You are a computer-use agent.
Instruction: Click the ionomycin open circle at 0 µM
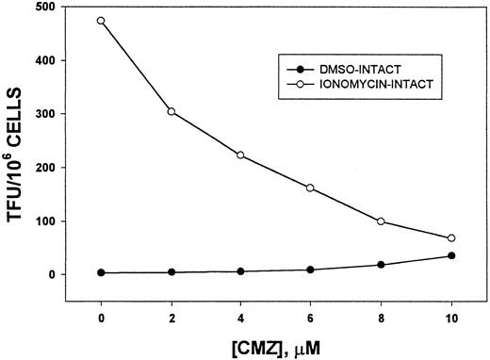tap(101, 20)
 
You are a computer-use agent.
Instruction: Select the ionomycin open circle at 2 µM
tap(171, 111)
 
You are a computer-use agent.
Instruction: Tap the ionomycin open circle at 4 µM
tap(241, 155)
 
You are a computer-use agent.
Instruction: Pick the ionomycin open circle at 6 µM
tap(311, 188)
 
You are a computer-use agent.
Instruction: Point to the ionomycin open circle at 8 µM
tap(381, 221)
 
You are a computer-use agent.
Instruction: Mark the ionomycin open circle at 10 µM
tap(451, 238)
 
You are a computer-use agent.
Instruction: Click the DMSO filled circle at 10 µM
tap(451, 255)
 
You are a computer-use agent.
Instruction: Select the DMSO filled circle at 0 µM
tap(101, 272)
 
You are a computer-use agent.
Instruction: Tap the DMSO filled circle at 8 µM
tap(381, 265)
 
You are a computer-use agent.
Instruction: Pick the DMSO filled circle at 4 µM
tap(241, 271)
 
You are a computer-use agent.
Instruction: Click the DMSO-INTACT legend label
tap(357, 72)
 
